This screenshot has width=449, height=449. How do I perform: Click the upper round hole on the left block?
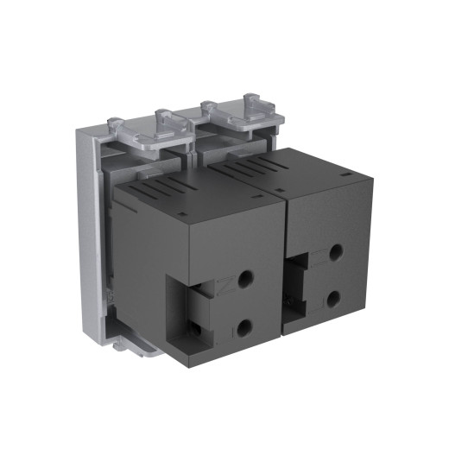pyautogui.click(x=245, y=279)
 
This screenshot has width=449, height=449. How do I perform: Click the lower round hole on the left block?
pyautogui.click(x=245, y=326)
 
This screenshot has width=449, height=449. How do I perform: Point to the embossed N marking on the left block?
pyautogui.click(x=224, y=283)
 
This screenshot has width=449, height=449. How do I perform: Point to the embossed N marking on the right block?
pyautogui.click(x=317, y=256)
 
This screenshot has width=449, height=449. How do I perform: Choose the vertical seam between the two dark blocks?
pyautogui.click(x=286, y=259)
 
